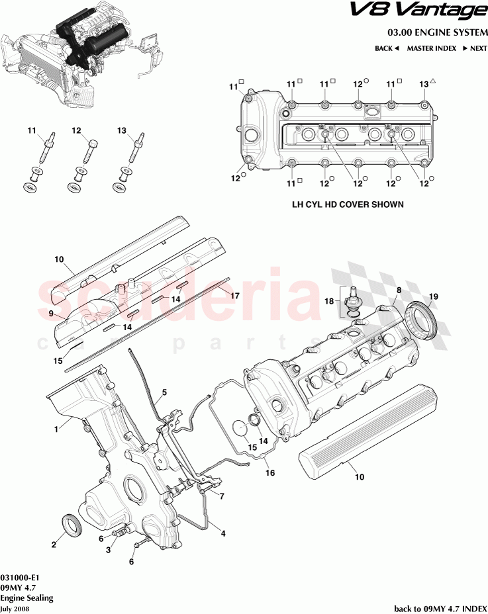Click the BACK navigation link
point(387,48)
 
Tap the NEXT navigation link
point(475,48)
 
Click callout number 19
point(434,296)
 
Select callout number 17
point(234,297)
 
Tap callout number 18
point(329,301)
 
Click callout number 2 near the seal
point(54,546)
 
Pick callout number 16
point(269,473)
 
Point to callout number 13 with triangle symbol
point(424,84)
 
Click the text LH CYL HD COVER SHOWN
point(348,205)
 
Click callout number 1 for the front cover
point(57,429)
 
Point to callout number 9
point(50,312)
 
